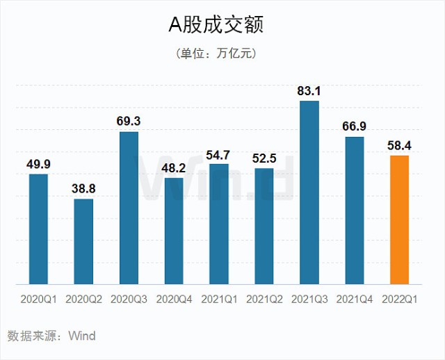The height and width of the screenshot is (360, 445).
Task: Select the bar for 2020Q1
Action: coord(38,229)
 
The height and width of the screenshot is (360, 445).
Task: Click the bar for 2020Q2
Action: coord(83,241)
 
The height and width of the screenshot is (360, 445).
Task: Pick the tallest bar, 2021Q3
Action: coord(309,193)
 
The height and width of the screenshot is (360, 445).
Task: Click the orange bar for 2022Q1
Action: coord(400,220)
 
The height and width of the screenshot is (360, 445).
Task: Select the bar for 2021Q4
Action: coord(355,210)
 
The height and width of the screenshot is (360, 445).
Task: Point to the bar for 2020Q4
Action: coord(174,231)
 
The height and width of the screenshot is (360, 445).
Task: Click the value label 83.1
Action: coord(309,90)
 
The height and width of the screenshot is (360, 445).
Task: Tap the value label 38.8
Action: coord(83,188)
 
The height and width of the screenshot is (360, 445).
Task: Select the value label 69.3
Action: coord(129,121)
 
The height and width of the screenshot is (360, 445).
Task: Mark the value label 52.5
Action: coord(264,158)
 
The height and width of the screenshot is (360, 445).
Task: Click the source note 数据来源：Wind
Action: coord(51,336)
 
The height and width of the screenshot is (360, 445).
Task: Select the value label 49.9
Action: coord(38,163)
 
